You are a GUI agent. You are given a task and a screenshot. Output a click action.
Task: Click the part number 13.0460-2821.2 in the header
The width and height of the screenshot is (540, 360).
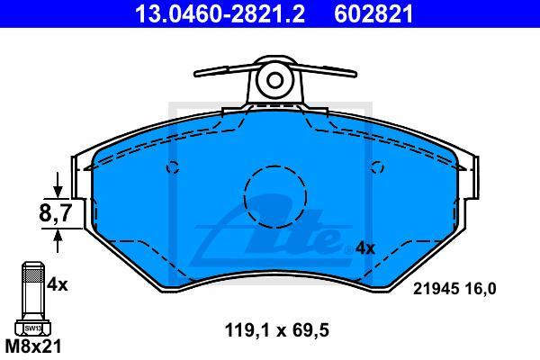pos(220,13)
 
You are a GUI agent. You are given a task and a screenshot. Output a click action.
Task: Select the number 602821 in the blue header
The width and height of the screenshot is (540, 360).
pos(373,13)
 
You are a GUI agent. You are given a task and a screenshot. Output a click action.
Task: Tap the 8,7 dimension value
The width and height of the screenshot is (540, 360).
pos(55,213)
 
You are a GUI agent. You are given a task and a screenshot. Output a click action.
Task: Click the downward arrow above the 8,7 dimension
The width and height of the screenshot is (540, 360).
pos(58,185)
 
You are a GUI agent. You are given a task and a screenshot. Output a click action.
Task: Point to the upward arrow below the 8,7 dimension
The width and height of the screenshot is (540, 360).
pos(58,240)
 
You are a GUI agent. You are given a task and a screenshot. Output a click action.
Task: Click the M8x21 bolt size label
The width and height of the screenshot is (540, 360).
pos(33,346)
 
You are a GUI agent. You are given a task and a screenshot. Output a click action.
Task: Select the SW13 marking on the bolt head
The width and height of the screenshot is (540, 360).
pos(33,328)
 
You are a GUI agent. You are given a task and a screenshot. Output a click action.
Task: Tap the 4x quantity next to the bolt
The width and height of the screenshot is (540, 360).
pos(58,284)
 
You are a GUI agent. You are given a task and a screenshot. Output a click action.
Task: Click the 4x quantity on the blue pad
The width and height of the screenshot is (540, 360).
pos(364,248)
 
